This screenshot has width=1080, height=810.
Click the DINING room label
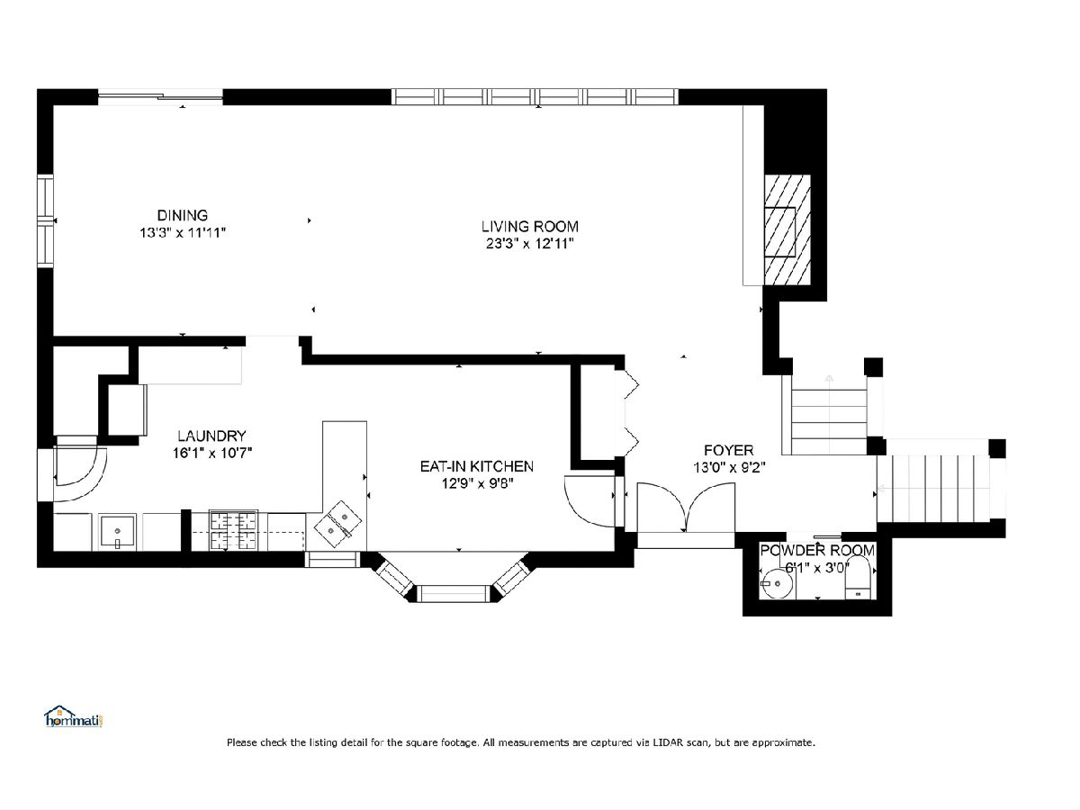(x=182, y=215)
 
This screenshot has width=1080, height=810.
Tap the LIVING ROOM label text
(x=530, y=227)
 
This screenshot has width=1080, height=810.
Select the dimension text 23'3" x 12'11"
(x=530, y=244)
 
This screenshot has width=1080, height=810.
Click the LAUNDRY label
(x=211, y=436)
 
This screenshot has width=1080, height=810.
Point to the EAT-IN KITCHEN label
(x=476, y=466)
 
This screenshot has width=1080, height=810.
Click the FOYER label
(x=729, y=451)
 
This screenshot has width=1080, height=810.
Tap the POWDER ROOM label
(x=817, y=550)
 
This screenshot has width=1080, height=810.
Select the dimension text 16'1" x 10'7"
(x=212, y=453)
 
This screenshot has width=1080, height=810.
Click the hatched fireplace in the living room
(x=787, y=229)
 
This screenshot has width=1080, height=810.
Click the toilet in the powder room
(x=858, y=578)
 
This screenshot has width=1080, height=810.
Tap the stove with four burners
(x=234, y=531)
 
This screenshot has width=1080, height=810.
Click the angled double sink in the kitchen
(x=337, y=525)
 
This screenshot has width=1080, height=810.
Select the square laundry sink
(x=117, y=532)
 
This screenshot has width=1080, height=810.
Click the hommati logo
(x=74, y=717)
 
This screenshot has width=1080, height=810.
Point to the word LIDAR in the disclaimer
(x=668, y=742)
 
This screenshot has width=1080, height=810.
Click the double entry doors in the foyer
(x=686, y=508)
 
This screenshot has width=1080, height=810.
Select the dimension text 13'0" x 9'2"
(x=729, y=467)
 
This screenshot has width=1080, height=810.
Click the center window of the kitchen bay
(x=454, y=594)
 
